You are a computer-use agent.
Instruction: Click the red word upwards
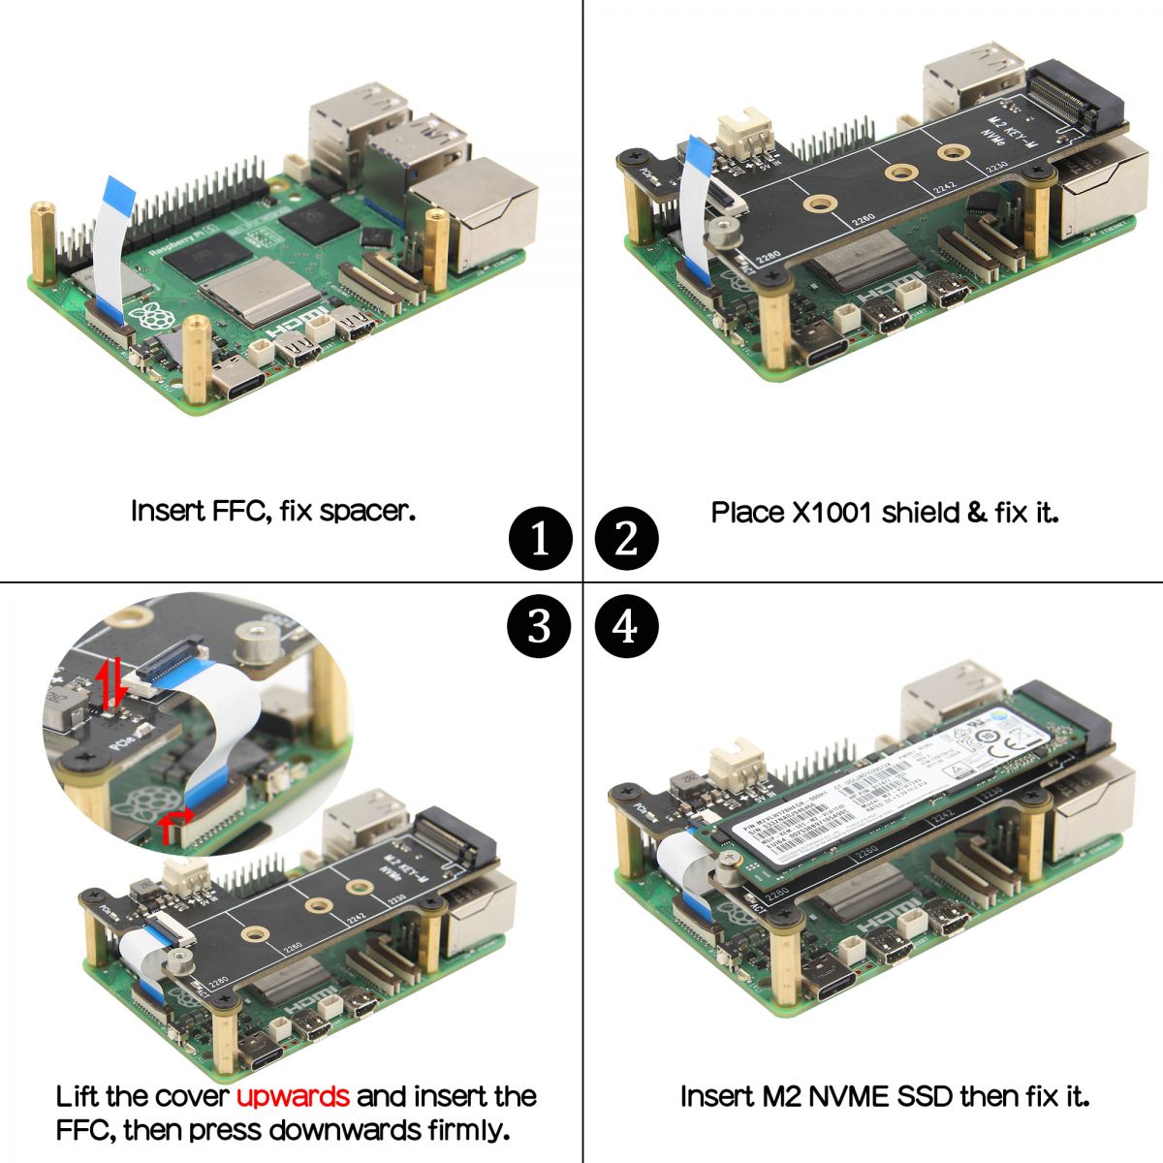tap(293, 1096)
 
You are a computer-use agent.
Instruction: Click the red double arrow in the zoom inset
tap(112, 682)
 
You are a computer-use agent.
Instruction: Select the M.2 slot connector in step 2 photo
tap(1071, 97)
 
